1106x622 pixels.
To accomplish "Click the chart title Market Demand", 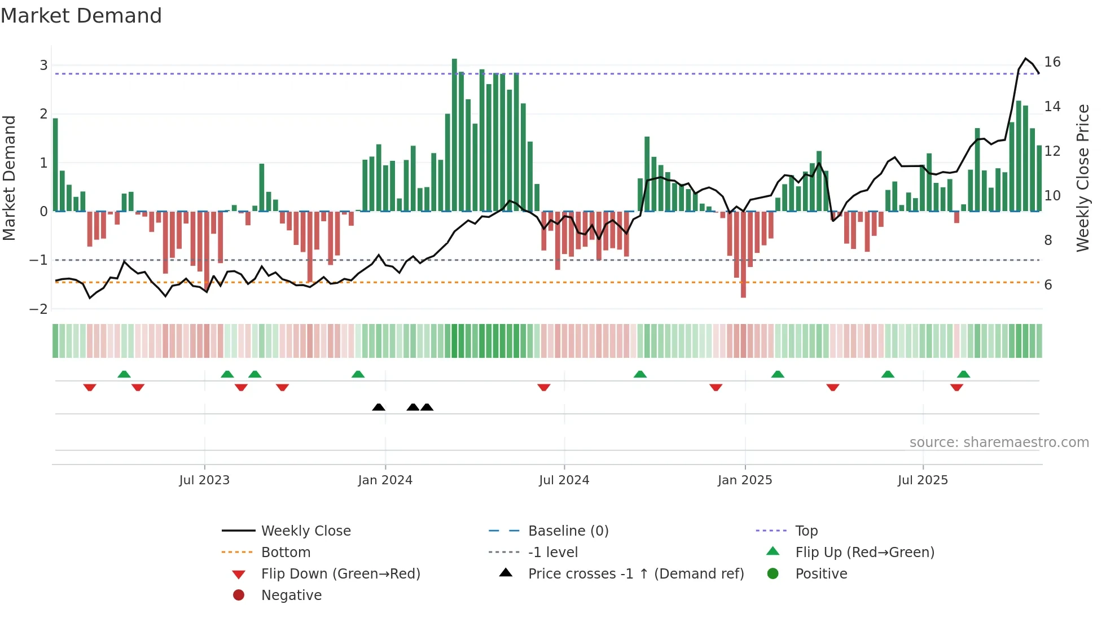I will pyautogui.click(x=81, y=15).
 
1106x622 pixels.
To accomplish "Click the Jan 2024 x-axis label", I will pyautogui.click(x=385, y=480).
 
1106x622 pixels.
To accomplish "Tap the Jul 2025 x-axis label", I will pyautogui.click(x=923, y=480).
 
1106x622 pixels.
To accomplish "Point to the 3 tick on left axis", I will pyautogui.click(x=43, y=65).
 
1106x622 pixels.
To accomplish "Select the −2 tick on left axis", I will pyautogui.click(x=39, y=309).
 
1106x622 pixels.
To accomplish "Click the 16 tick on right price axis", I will pyautogui.click(x=1052, y=62).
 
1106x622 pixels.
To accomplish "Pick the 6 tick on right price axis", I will pyautogui.click(x=1048, y=284).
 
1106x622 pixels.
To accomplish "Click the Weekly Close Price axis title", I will pyautogui.click(x=1082, y=178).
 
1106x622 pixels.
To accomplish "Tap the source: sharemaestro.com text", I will pyautogui.click(x=999, y=442).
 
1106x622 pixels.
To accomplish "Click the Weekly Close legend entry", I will pyautogui.click(x=305, y=531).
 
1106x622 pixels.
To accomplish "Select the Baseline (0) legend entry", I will pyautogui.click(x=568, y=531).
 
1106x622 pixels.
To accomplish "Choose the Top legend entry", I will pyautogui.click(x=806, y=531).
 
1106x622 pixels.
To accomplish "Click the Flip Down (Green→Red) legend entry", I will pyautogui.click(x=340, y=573).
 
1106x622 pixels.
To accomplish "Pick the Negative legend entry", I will pyautogui.click(x=291, y=595).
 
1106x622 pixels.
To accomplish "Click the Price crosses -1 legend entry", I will pyautogui.click(x=635, y=573).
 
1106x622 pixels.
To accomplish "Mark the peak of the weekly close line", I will pyautogui.click(x=1026, y=59).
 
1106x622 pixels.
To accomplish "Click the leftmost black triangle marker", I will pyautogui.click(x=379, y=407).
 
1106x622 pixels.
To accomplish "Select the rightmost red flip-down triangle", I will pyautogui.click(x=956, y=387).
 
